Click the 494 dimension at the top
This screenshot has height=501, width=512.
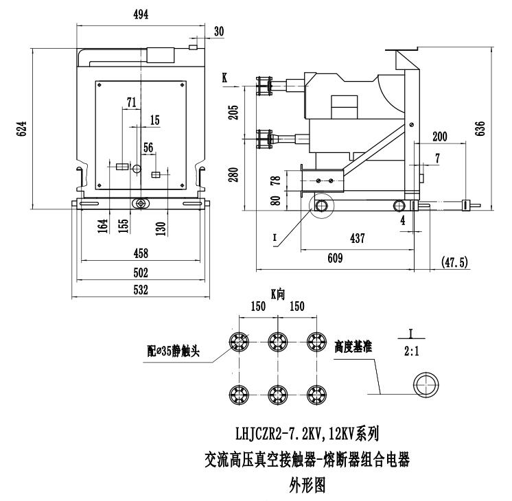pyautogui.click(x=141, y=13)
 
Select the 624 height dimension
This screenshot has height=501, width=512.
pyautogui.click(x=21, y=128)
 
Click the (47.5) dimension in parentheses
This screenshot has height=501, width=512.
pyautogui.click(x=454, y=261)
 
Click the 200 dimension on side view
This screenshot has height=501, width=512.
pyautogui.click(x=439, y=137)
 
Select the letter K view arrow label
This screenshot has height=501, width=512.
pyautogui.click(x=224, y=79)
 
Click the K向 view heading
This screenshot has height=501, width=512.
pyautogui.click(x=277, y=294)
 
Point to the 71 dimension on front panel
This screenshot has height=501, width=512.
pyautogui.click(x=131, y=102)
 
